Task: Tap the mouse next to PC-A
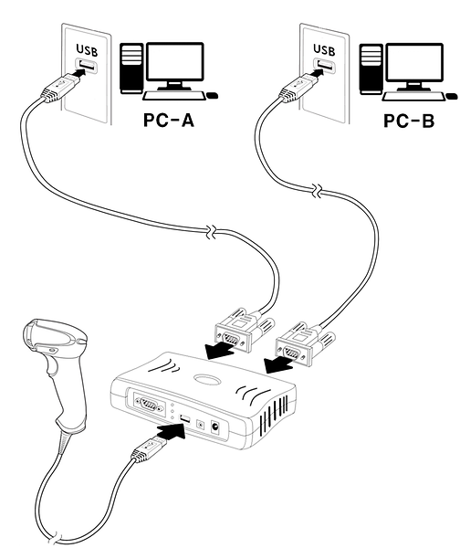[213, 95]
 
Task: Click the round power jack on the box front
[215, 427]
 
